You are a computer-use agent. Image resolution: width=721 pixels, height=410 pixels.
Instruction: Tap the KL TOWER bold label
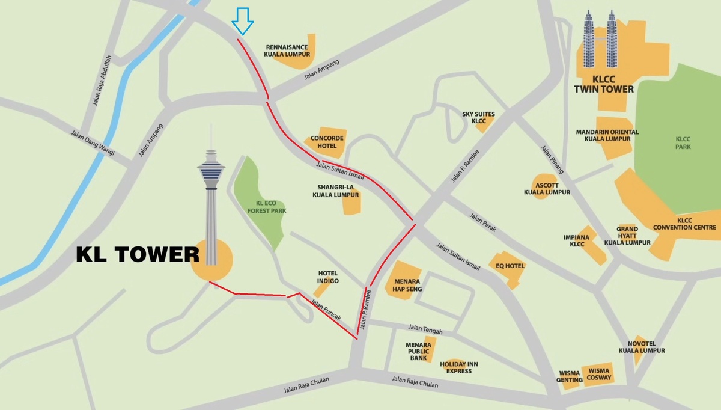[137, 255]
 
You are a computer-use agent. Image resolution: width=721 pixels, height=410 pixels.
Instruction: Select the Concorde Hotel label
[323, 142]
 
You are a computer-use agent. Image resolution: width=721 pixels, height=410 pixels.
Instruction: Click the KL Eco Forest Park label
[267, 207]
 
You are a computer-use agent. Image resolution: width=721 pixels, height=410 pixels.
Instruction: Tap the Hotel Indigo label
[328, 277]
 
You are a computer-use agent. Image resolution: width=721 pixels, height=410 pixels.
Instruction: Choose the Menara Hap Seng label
[407, 285]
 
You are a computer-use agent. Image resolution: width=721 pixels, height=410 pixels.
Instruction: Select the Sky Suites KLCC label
[478, 117]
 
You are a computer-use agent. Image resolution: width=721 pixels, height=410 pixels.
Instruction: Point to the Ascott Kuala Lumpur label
[547, 188]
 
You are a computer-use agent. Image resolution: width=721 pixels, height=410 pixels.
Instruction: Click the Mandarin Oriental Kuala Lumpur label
[607, 135]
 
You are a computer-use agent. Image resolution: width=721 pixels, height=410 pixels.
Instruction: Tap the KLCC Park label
[683, 143]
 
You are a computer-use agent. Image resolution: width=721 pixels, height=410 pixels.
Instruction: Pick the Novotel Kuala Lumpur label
[642, 346]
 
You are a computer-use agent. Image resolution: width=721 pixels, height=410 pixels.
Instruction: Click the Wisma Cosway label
[599, 374]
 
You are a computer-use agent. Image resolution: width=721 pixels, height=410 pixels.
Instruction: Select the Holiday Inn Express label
[459, 367]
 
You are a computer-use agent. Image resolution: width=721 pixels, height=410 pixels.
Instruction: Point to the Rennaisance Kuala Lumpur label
[287, 50]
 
